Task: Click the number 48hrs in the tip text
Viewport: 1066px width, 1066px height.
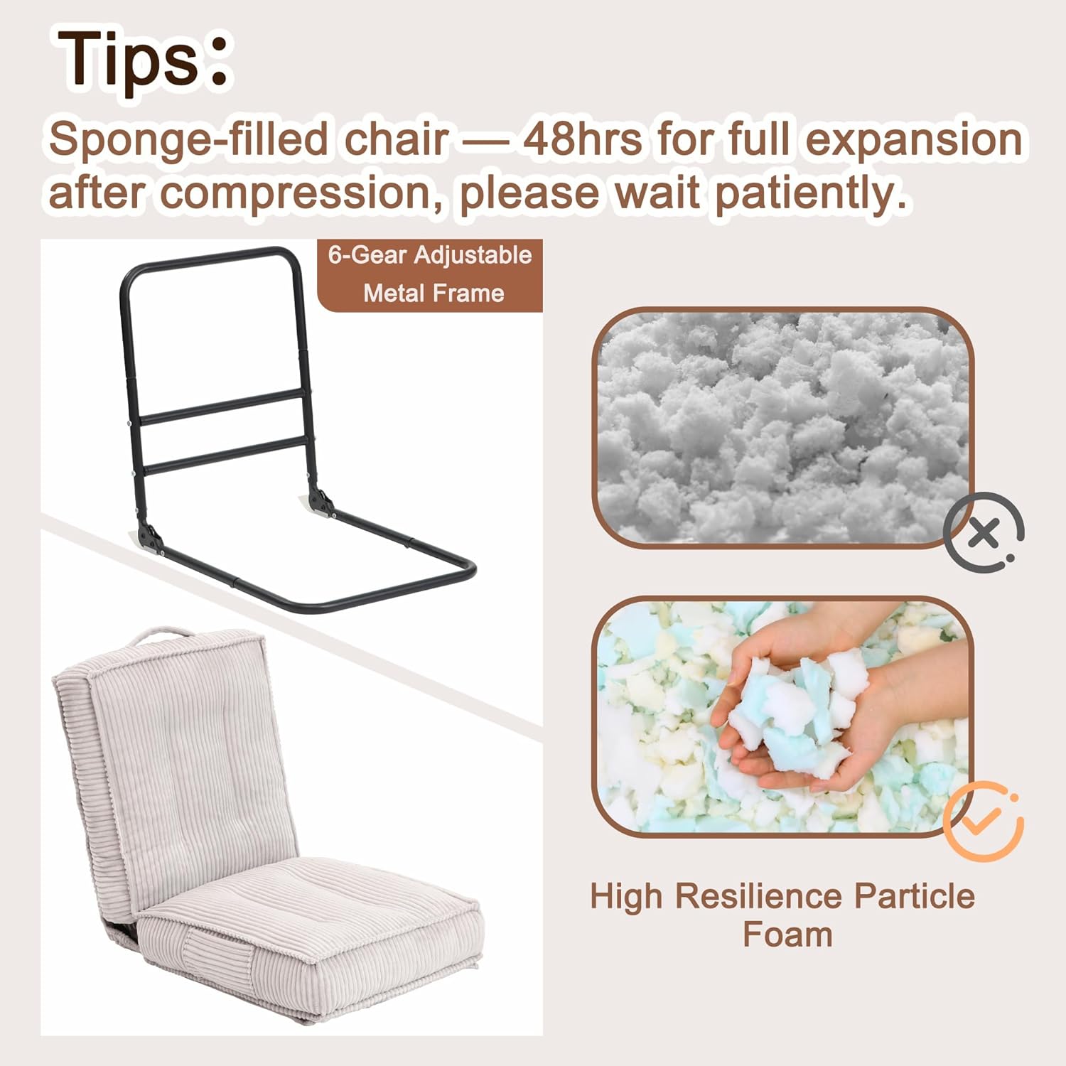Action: [x=583, y=139]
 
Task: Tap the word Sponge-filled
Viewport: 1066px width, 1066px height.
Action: [x=188, y=139]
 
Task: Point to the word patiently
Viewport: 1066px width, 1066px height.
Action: [x=810, y=193]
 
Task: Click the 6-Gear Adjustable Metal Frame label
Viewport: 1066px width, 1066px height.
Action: [x=430, y=274]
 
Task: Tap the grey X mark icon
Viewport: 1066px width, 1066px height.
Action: [x=984, y=532]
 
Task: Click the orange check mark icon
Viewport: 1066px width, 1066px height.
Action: [x=984, y=821]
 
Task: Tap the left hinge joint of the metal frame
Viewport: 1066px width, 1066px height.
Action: [x=150, y=536]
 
